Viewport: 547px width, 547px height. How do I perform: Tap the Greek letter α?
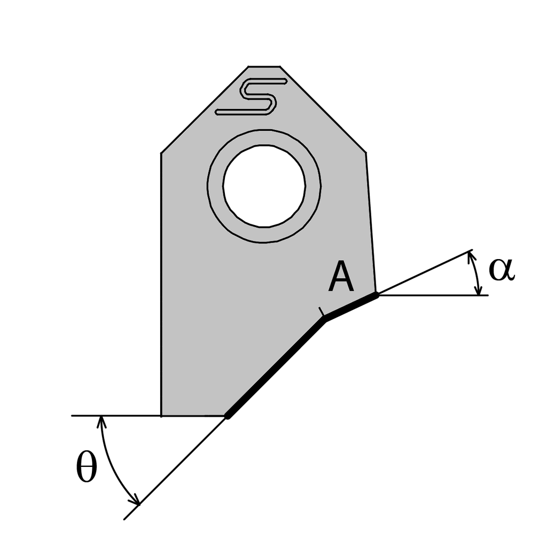pos(502,270)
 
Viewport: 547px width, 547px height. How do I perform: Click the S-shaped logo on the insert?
pos(251,97)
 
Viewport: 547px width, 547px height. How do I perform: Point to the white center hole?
pos(264,185)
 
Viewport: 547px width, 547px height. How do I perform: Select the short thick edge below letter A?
pos(351,306)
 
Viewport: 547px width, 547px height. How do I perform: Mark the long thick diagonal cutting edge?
pos(276,367)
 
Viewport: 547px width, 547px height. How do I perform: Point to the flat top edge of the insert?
pos(264,67)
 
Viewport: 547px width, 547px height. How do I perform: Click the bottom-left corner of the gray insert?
pos(161,415)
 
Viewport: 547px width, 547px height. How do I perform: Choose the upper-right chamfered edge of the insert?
pos(323,110)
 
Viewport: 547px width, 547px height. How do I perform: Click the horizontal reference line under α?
pos(433,295)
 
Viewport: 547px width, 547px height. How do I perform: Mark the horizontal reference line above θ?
pos(115,415)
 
